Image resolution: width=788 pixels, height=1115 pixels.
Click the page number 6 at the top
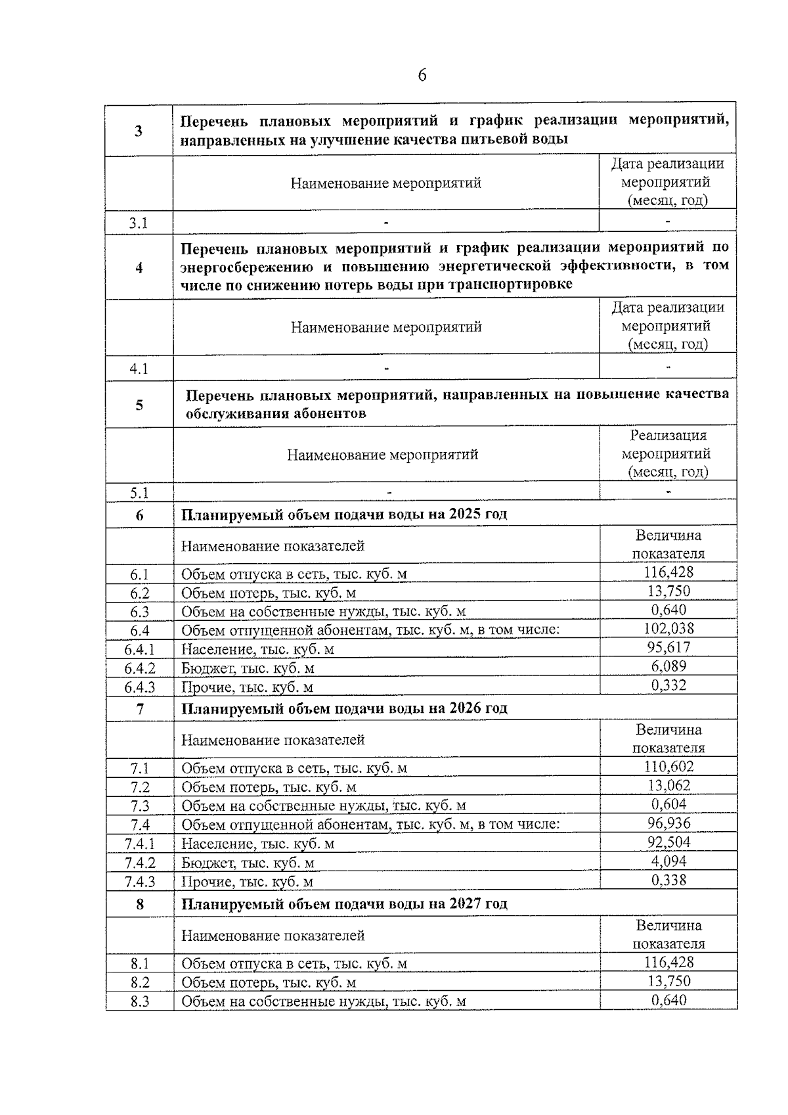[x=422, y=76]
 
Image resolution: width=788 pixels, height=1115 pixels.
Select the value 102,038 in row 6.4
[x=668, y=629]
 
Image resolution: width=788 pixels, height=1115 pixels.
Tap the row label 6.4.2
[x=140, y=668]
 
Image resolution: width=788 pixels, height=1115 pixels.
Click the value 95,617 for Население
[x=668, y=648]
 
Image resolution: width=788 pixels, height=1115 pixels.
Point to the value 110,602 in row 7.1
[x=668, y=767]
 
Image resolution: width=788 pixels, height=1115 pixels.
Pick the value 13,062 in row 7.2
[x=668, y=786]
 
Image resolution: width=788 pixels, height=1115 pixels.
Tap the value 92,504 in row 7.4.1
[x=668, y=842]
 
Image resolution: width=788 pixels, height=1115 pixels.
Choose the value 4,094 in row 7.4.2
[x=668, y=861]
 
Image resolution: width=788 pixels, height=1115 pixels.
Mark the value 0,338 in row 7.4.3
[x=668, y=880]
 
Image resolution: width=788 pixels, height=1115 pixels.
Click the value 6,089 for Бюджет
[x=668, y=667]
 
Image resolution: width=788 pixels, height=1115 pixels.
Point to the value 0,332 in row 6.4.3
[x=668, y=686]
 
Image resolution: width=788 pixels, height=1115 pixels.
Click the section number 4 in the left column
[x=139, y=268]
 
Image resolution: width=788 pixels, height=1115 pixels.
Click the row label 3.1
[x=139, y=223]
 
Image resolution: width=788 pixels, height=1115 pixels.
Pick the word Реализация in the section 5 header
[x=668, y=435]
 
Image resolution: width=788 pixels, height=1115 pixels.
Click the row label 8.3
[x=140, y=1001]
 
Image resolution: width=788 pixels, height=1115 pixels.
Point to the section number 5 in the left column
[x=139, y=405]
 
